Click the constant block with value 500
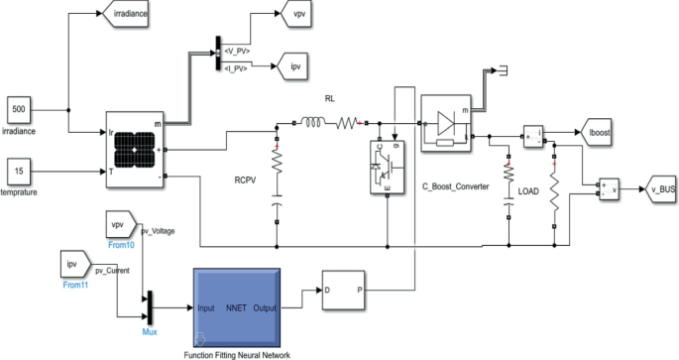(21, 107)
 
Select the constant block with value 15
(21, 171)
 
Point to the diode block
(447, 124)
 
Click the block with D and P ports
(344, 292)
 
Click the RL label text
(332, 99)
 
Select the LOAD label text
(528, 189)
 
